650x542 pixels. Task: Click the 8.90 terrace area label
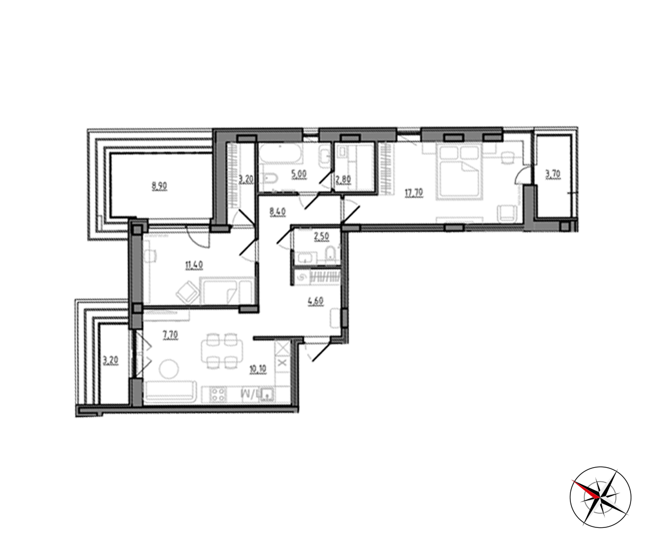pos(159,186)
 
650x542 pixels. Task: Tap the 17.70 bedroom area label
pos(414,193)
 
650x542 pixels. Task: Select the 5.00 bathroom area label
pos(299,174)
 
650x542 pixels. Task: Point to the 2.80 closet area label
pos(343,179)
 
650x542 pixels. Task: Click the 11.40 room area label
pos(194,265)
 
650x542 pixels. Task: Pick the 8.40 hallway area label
pos(278,212)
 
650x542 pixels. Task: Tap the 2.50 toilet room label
pos(322,236)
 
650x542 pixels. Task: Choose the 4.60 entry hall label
pos(316,301)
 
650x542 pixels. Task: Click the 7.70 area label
pos(170,335)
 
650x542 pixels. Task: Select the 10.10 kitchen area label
pos(257,369)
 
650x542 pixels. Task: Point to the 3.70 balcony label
pos(552,174)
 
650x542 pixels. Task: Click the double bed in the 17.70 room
pos(459,171)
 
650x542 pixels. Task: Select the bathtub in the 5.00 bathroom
pos(281,153)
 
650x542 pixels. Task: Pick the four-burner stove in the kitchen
pos(216,394)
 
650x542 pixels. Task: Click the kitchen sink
pos(268,395)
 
